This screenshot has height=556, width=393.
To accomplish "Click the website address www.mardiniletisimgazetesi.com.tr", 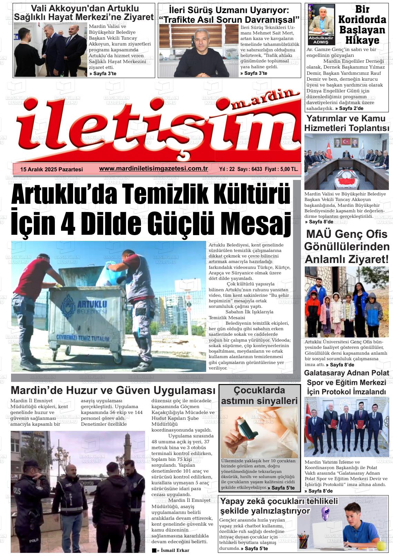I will tap(153, 169).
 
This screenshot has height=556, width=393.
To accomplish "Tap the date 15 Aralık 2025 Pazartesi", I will tap(52, 169).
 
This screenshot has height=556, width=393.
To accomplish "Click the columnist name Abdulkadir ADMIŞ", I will tap(321, 40).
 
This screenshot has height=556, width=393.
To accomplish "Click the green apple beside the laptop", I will tap(381, 545).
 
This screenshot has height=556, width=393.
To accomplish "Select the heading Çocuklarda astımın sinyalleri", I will tap(259, 396).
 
